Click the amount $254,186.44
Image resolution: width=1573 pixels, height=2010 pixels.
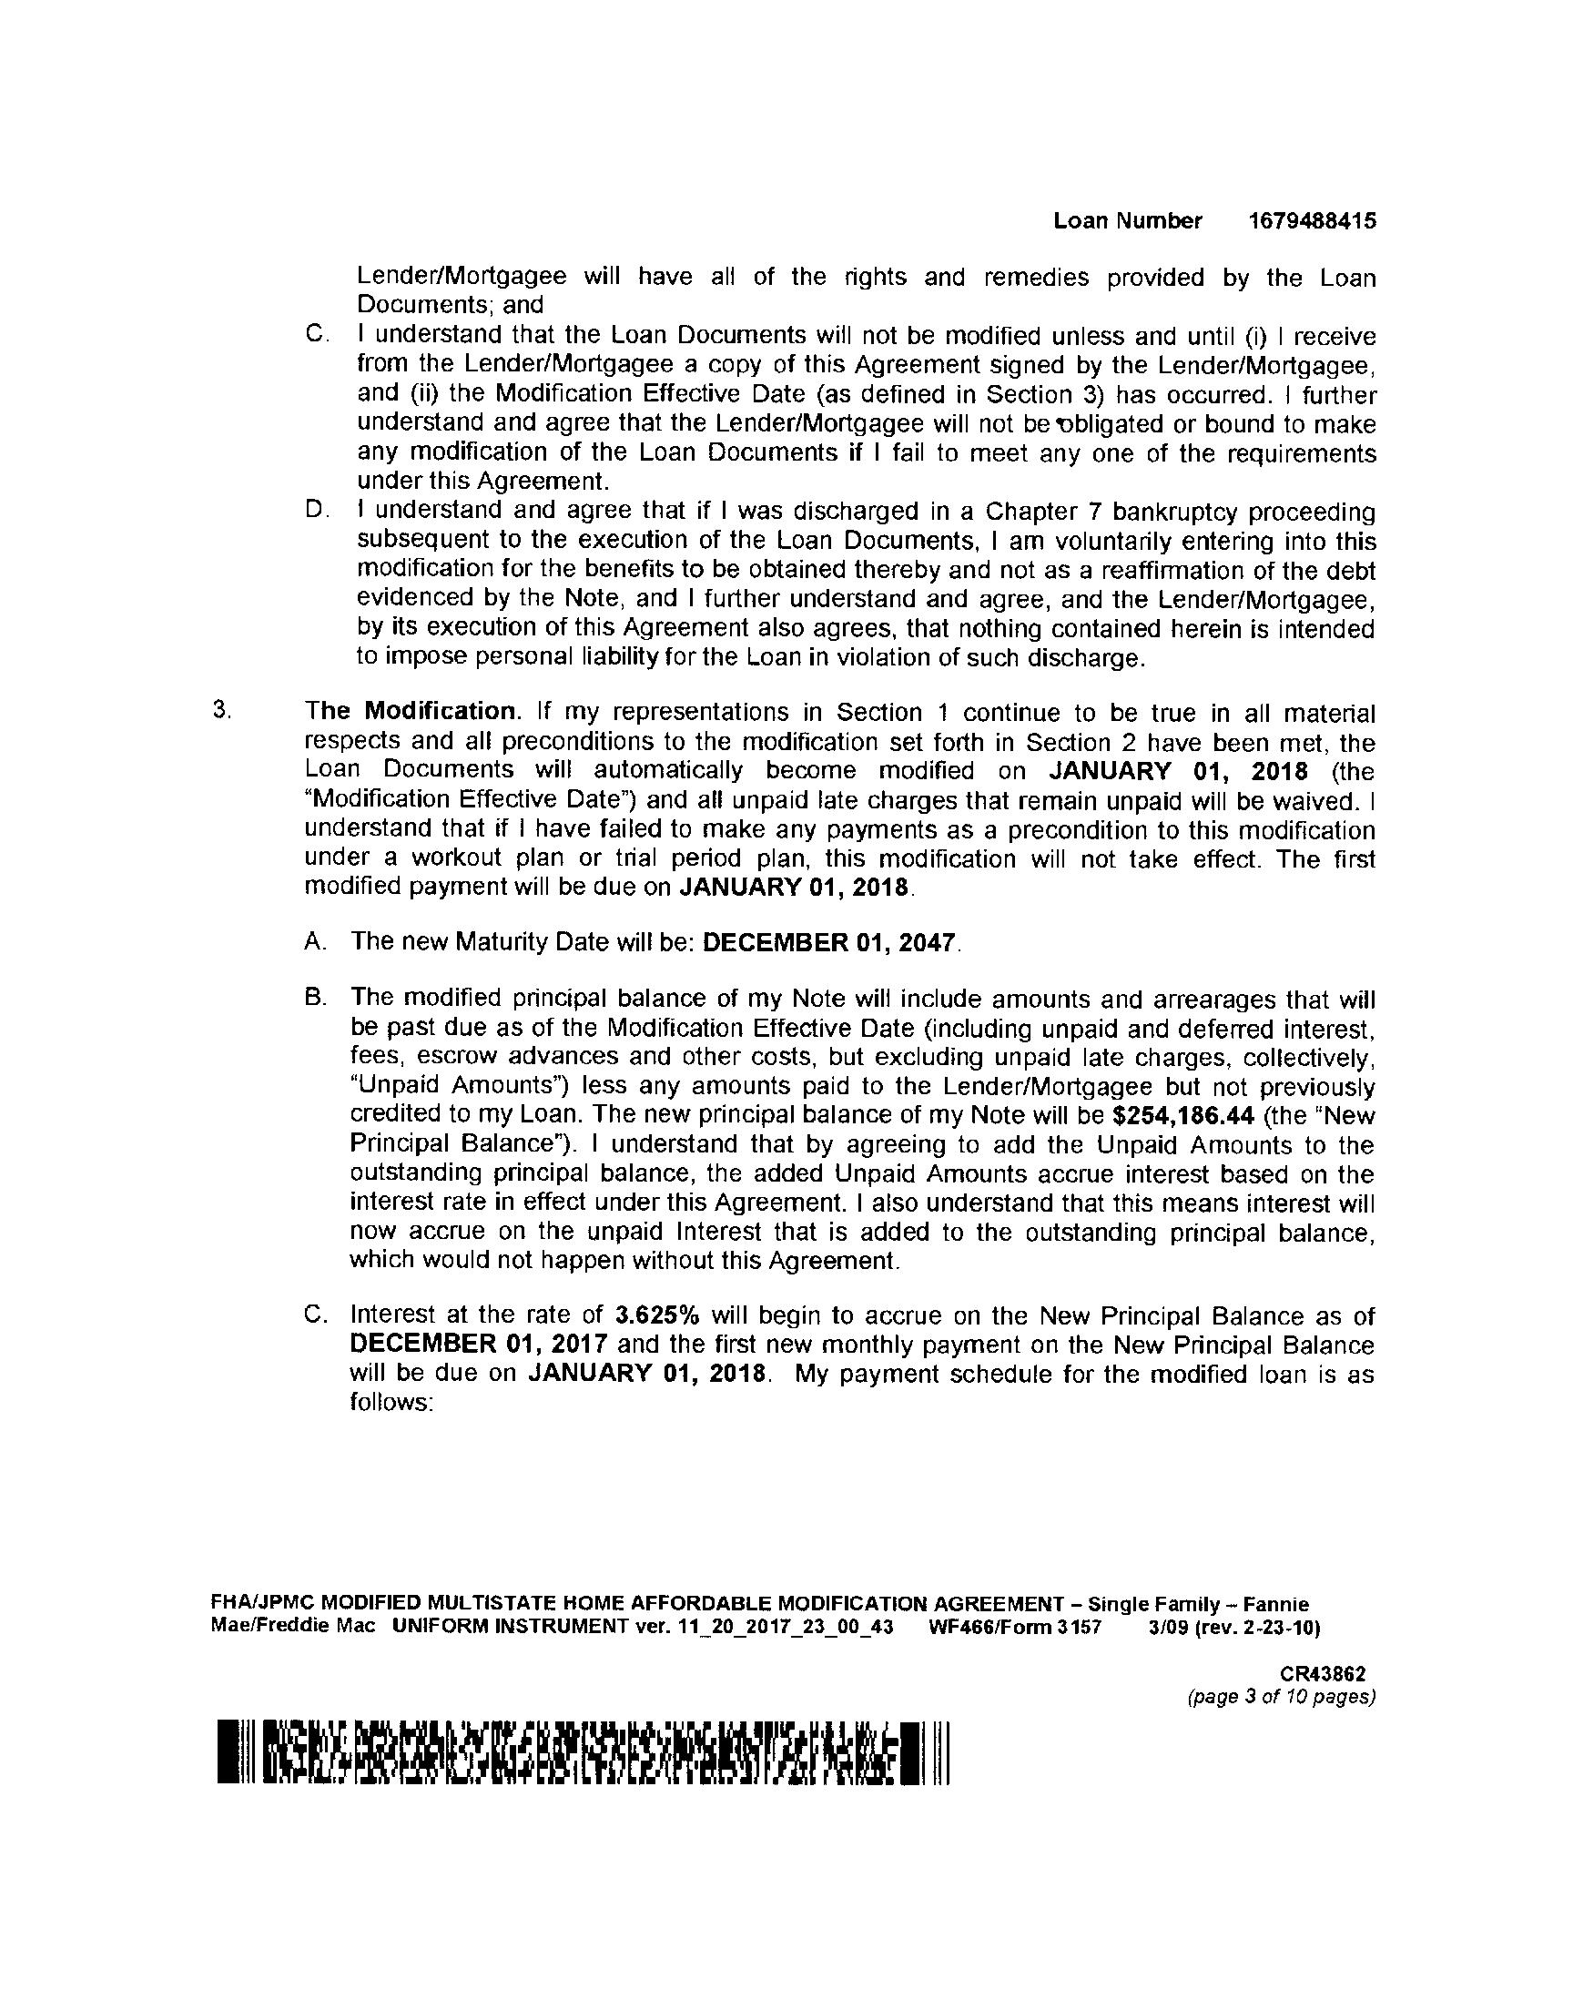click(1183, 1116)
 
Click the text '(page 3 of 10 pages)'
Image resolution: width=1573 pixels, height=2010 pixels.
click(1282, 1696)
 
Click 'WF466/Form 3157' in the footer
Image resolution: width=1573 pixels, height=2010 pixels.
click(1015, 1627)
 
